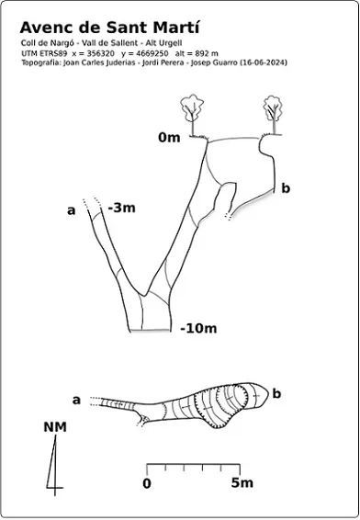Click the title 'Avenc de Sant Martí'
tap(109, 28)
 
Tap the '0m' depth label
tap(169, 137)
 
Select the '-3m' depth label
tap(121, 208)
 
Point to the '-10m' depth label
tap(198, 329)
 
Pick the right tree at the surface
tap(273, 115)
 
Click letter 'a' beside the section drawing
tap(72, 210)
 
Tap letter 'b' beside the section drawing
tap(286, 188)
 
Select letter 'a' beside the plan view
tap(76, 401)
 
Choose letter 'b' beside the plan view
tap(276, 393)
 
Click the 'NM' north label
tap(55, 427)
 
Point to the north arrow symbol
tap(54, 465)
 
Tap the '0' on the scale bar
tap(147, 483)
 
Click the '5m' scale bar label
tap(242, 483)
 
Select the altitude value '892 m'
tap(207, 53)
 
